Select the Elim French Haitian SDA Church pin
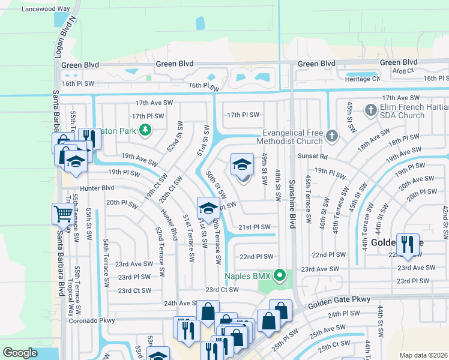tap(370, 110)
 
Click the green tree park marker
tap(144, 129)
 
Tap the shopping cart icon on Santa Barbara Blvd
tap(64, 213)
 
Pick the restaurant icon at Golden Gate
tap(408, 244)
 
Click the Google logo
tap(20, 353)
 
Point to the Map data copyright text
tap(423, 355)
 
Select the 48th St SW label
tap(278, 184)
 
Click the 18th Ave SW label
tap(373, 143)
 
